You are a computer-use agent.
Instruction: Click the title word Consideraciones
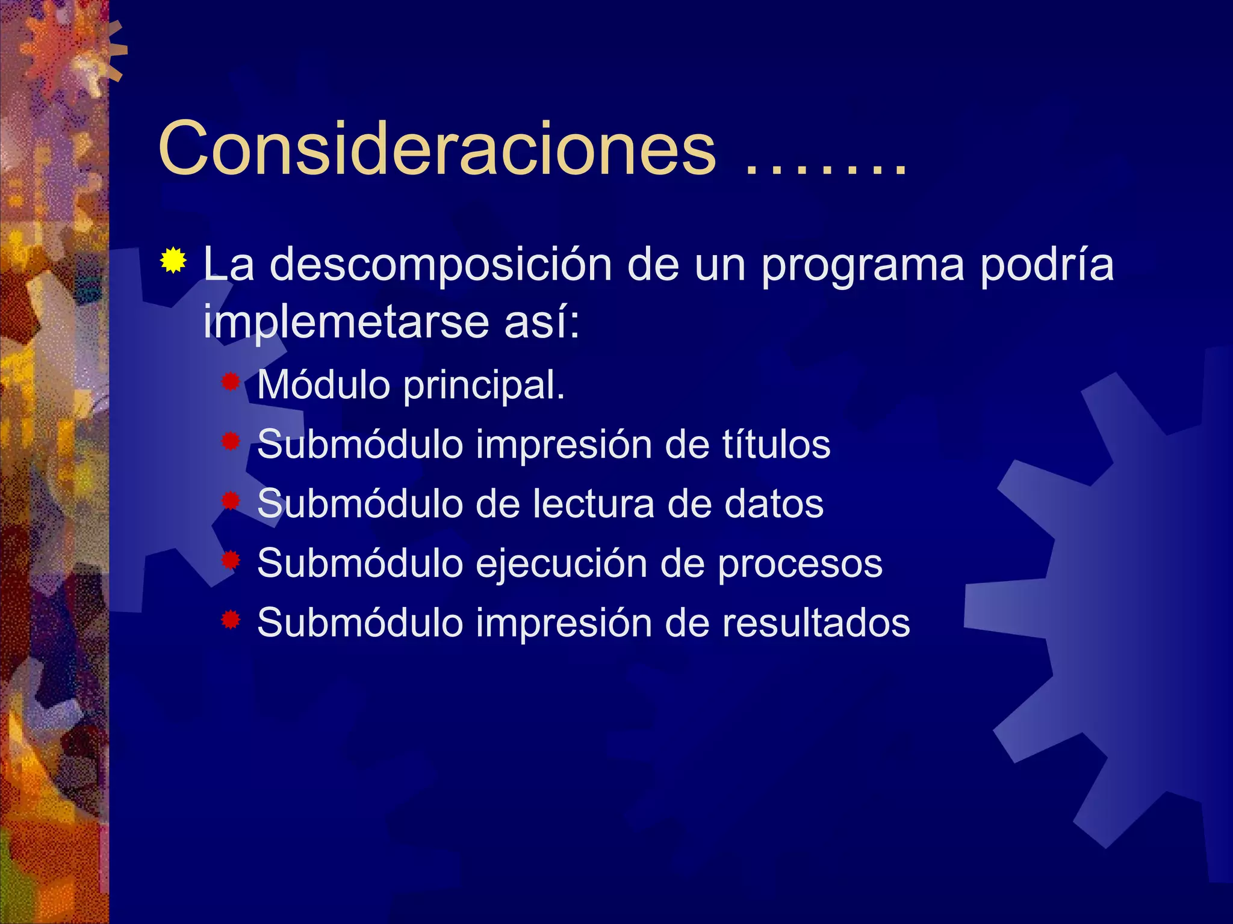pos(437,148)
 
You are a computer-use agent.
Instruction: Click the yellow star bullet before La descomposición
pos(173,260)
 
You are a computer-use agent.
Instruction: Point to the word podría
pos(1047,265)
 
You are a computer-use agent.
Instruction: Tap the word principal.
pos(484,386)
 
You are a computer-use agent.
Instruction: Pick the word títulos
pos(776,444)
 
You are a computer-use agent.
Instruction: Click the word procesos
pos(800,564)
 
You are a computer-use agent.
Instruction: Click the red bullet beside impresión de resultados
pos(231,620)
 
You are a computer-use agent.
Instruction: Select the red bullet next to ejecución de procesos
pos(231,561)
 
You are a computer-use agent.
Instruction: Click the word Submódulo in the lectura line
pos(359,504)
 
